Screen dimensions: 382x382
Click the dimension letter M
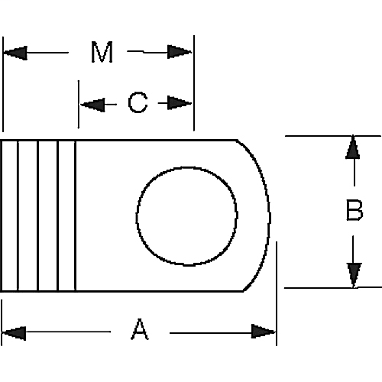102,53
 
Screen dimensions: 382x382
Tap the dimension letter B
354,211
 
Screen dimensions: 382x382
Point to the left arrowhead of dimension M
15,53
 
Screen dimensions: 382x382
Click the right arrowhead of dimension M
181,53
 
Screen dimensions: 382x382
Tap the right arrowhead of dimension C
180,103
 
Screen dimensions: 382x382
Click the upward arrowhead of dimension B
352,148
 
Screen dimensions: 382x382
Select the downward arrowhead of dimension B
352,274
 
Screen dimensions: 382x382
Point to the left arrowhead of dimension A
15,332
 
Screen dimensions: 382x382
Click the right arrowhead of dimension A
263,332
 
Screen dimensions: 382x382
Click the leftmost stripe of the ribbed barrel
10,215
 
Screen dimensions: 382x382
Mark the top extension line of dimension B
321,136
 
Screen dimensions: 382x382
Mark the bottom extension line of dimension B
321,287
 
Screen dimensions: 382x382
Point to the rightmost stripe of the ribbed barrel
67,215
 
